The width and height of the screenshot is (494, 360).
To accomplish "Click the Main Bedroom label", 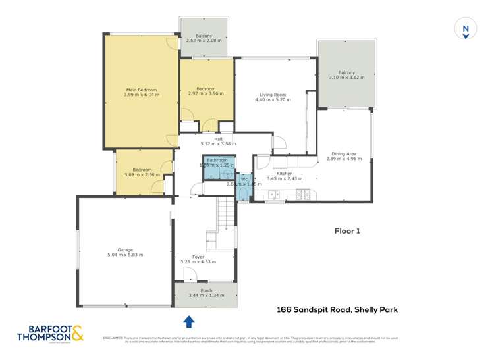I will [x=142, y=90].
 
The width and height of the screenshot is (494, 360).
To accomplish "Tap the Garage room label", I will [x=125, y=250].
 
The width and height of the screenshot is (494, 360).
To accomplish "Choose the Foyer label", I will [x=198, y=257].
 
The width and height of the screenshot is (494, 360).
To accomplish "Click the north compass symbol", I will [x=466, y=28].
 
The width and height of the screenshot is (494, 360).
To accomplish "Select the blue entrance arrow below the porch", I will [x=189, y=321].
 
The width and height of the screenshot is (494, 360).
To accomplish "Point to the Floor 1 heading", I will [x=348, y=231].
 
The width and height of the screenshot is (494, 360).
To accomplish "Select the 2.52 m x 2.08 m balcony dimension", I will [x=204, y=41].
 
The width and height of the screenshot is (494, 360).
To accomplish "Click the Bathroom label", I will [x=217, y=160].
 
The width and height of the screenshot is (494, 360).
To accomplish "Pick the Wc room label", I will [x=244, y=179].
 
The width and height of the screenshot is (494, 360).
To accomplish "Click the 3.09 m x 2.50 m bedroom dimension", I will [x=143, y=174].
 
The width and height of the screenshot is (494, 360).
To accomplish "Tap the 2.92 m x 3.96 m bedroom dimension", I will [x=206, y=93].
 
